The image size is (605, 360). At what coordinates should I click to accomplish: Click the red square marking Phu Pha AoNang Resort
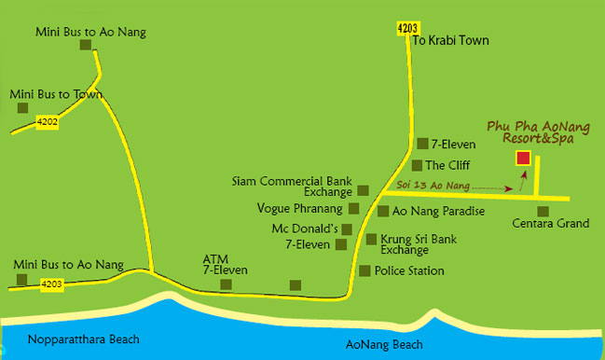tap(523, 158)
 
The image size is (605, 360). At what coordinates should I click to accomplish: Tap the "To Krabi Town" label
tap(450, 41)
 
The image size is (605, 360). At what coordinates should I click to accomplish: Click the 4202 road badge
tap(48, 121)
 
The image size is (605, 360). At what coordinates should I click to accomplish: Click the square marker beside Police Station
tap(364, 270)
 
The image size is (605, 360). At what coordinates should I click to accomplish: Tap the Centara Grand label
tap(550, 224)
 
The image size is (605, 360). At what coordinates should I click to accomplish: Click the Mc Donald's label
tap(305, 228)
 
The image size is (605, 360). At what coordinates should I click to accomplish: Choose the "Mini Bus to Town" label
tap(56, 94)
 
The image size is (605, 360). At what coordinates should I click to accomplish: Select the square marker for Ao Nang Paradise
tap(370, 212)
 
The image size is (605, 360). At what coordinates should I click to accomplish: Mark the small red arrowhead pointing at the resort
tap(524, 173)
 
